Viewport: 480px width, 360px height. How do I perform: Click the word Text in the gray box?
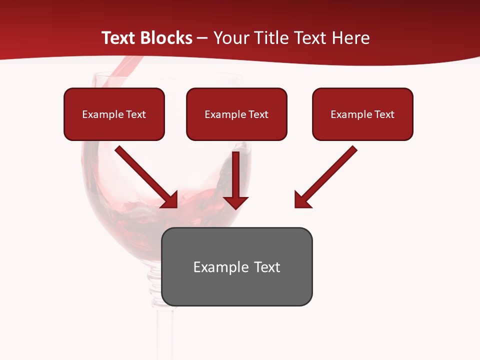[267, 267]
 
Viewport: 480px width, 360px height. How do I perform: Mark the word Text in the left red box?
[136, 114]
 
